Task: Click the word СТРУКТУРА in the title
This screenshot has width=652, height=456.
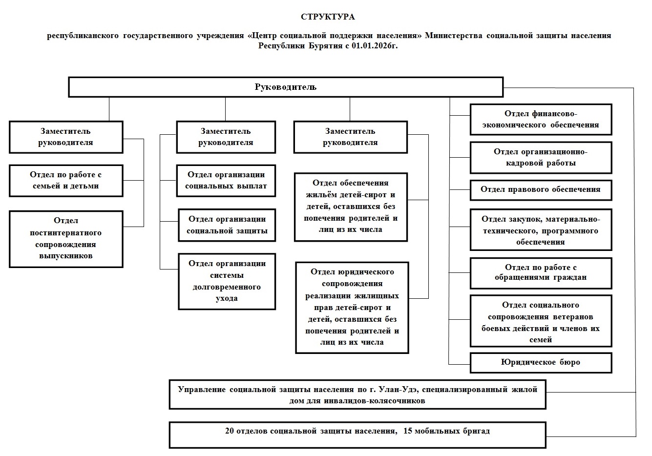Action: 328,17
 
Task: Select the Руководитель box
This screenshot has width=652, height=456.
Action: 286,87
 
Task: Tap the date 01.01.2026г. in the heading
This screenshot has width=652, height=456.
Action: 375,46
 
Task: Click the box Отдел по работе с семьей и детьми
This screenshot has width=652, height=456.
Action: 66,181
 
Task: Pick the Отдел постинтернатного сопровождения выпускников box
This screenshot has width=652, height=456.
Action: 66,239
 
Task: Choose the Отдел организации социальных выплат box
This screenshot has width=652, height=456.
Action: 226,181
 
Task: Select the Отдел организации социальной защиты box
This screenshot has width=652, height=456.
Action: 227,225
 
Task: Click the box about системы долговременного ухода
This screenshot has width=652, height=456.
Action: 227,281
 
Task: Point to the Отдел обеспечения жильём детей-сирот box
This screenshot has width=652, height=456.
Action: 351,207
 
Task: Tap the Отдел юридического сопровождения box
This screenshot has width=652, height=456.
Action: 352,308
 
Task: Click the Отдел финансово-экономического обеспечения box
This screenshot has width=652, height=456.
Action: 541,120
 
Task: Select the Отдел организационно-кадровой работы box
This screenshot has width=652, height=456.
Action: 541,157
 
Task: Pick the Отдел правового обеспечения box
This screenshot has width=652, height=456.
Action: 541,190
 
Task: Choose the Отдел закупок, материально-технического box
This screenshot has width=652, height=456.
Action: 541,229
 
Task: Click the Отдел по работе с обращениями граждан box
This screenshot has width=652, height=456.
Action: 541,273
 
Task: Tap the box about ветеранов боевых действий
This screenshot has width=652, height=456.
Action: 541,321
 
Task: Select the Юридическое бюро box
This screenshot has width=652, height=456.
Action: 541,363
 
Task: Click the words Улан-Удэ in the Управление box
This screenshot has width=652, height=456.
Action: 397,390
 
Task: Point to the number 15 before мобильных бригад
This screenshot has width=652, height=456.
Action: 407,431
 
